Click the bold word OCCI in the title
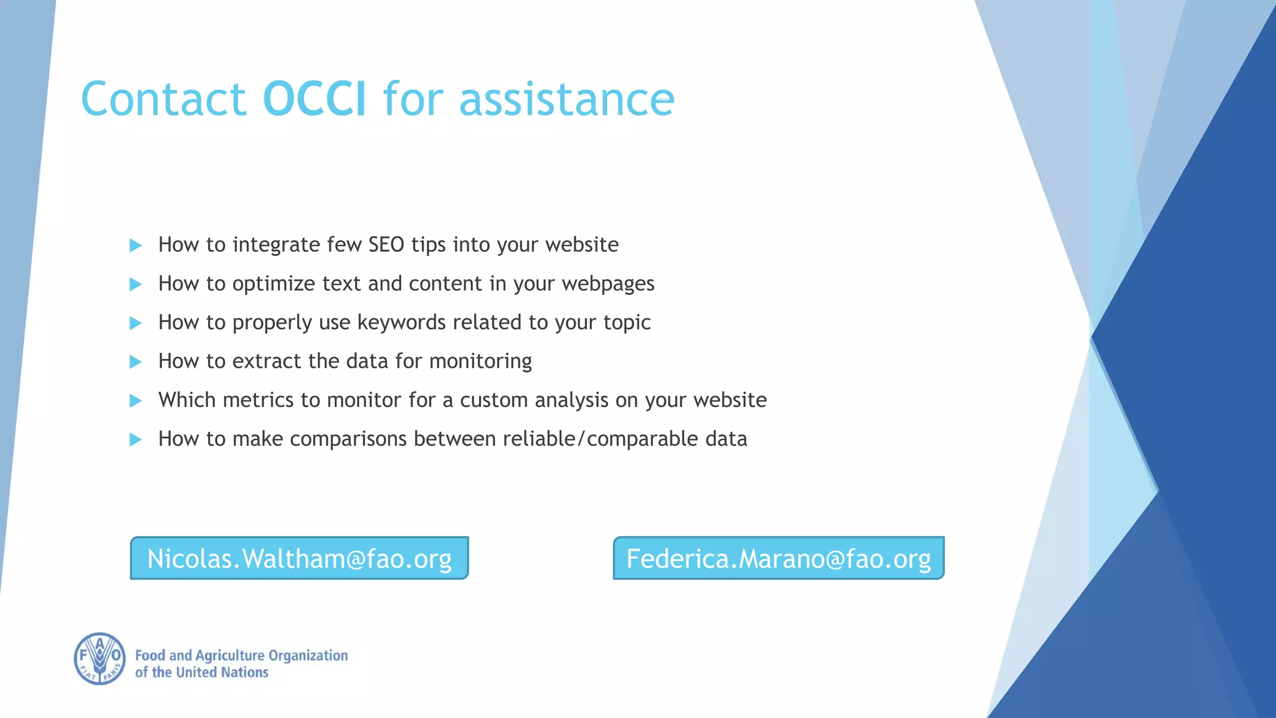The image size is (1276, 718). (314, 99)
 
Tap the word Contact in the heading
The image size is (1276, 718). (163, 99)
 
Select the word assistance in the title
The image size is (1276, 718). (566, 99)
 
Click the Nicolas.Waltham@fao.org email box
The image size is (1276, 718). (299, 558)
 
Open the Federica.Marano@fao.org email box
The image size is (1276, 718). (778, 558)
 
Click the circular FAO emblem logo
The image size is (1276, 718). (100, 659)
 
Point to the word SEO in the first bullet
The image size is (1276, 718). (386, 244)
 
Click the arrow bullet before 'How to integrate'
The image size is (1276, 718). (135, 246)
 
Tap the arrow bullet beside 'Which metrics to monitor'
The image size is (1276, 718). (135, 401)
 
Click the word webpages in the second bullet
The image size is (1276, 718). (607, 284)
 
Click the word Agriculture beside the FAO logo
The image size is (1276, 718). (230, 656)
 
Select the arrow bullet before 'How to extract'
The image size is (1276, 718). (135, 362)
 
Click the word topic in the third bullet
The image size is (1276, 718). (627, 322)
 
